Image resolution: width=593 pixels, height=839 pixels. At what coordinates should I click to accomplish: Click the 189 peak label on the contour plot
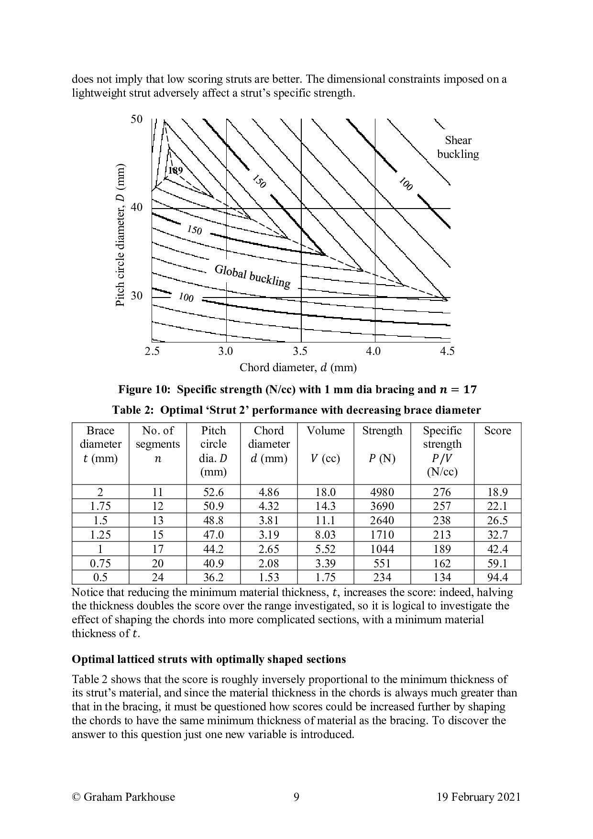(x=176, y=170)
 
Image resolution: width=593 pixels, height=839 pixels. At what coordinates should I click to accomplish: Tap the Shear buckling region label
(x=458, y=147)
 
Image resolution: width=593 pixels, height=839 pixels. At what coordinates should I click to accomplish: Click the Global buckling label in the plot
(x=252, y=276)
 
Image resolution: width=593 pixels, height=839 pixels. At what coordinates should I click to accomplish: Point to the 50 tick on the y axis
(x=137, y=119)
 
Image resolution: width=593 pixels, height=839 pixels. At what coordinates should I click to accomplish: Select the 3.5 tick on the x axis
(x=300, y=352)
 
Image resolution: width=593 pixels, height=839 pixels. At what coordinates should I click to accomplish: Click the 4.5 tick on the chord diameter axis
(x=447, y=352)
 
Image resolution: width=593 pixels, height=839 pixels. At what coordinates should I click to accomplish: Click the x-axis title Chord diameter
(x=298, y=367)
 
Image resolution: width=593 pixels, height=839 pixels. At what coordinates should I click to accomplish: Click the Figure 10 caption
(x=297, y=389)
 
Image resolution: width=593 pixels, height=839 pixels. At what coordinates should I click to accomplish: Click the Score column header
(x=497, y=431)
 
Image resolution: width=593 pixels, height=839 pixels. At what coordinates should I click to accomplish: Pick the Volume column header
(x=325, y=431)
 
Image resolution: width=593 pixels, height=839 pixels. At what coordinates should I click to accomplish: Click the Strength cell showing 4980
(x=382, y=492)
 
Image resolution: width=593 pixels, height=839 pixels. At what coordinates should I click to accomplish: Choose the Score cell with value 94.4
(x=497, y=577)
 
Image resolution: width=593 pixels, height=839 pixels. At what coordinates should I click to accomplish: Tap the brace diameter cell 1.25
(x=100, y=535)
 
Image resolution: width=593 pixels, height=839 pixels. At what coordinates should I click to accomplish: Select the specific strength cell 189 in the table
(x=442, y=549)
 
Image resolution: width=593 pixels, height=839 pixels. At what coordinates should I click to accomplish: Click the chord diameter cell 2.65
(x=269, y=549)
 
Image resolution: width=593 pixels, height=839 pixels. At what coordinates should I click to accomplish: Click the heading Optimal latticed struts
(x=209, y=659)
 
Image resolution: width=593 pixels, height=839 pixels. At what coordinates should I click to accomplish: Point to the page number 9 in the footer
(x=296, y=797)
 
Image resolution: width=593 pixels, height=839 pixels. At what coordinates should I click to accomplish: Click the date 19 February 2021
(x=478, y=797)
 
